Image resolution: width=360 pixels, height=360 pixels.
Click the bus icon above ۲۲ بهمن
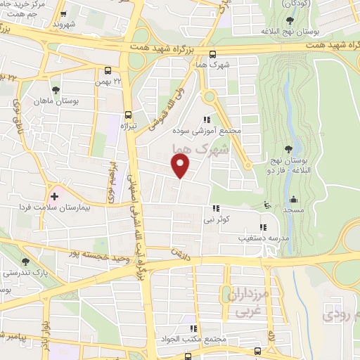(x=108, y=70)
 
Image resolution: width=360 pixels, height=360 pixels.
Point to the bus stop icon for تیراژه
(x=127, y=115)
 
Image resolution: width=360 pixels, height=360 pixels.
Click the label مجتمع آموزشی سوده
(x=207, y=131)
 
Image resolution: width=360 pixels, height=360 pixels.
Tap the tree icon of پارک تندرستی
(x=25, y=262)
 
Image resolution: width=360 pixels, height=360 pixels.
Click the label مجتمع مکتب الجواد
(x=191, y=339)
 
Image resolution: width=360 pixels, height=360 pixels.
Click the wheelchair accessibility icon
(x=266, y=205)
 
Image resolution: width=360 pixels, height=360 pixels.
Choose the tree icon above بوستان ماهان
(x=54, y=90)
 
